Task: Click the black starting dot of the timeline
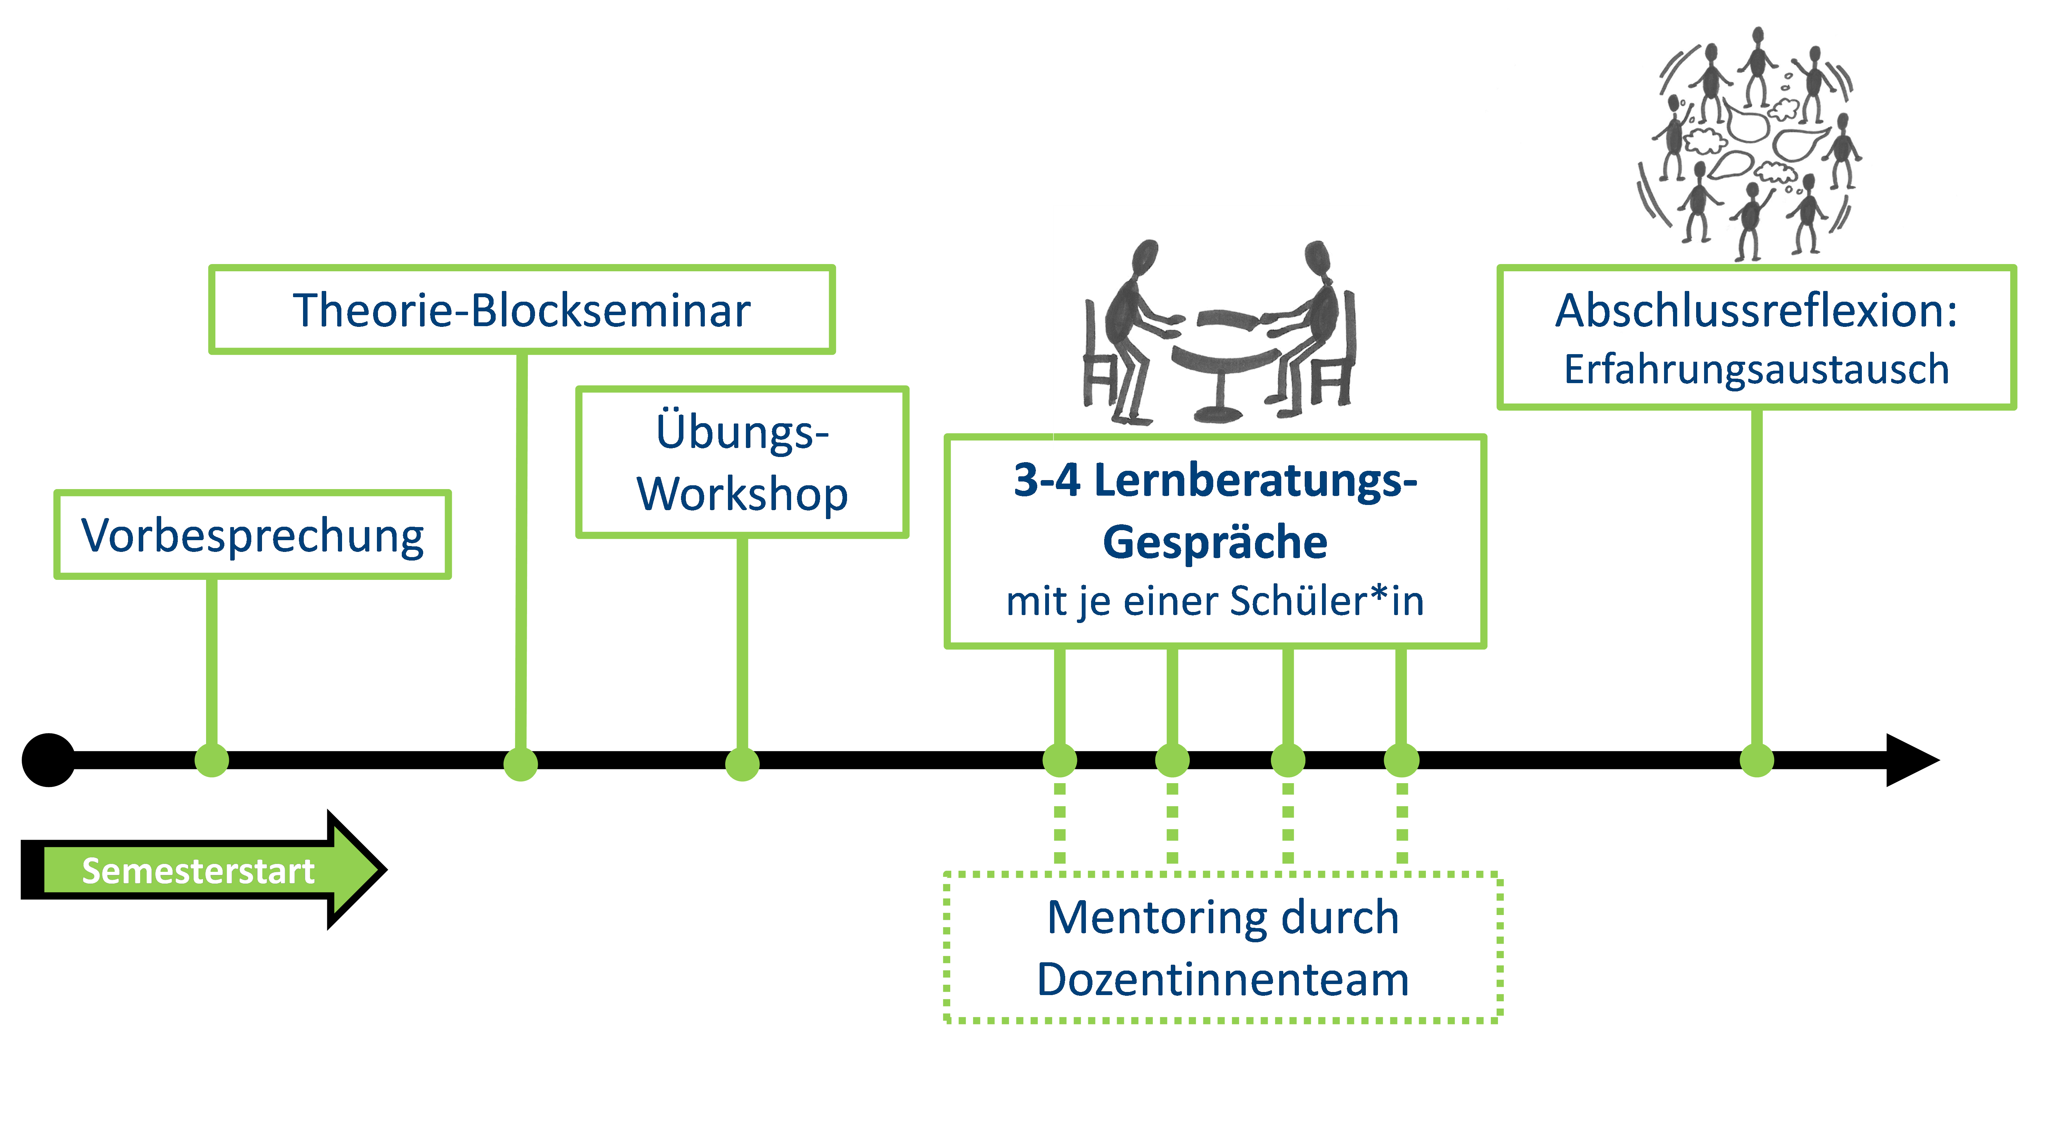pos(48,760)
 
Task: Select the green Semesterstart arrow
pos(201,870)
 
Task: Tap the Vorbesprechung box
pos(252,535)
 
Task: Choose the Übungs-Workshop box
pos(742,463)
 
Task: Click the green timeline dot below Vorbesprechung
pos(212,760)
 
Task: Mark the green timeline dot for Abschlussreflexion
pos(1757,760)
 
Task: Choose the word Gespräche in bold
pos(1215,542)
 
